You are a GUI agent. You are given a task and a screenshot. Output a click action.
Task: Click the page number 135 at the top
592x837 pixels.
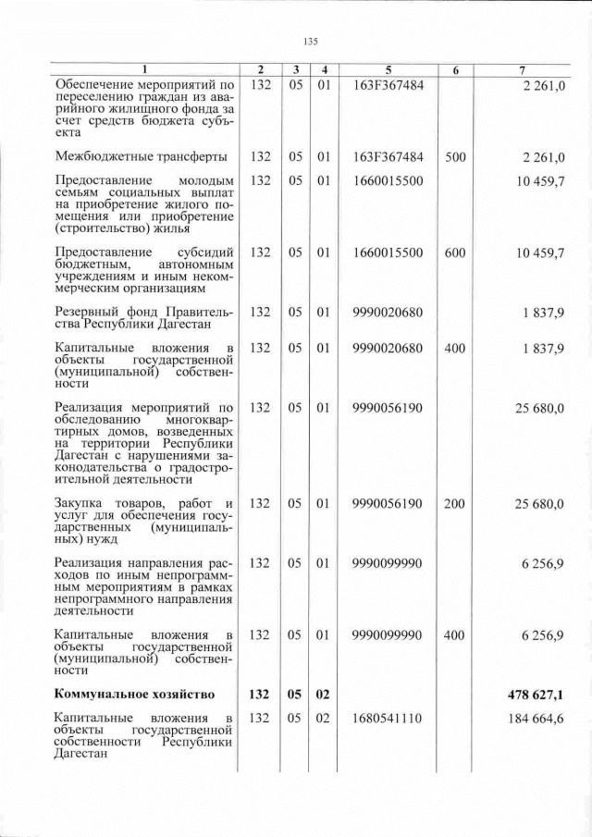pos(311,41)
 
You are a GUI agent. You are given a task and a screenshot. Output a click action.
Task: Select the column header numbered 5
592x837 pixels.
pos(388,70)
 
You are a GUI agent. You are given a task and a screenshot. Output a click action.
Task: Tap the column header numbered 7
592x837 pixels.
pos(524,70)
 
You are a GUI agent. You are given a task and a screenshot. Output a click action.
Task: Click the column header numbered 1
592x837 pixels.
pos(143,70)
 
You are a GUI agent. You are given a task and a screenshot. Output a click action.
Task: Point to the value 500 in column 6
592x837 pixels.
pos(455,157)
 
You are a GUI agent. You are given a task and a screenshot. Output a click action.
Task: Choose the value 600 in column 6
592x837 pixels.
pos(455,252)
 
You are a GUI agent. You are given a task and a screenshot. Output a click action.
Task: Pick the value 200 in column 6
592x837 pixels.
pos(455,503)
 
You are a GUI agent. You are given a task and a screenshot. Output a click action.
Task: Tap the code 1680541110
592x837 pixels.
pos(388,718)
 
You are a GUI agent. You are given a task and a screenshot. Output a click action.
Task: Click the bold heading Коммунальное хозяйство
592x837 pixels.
pos(135,694)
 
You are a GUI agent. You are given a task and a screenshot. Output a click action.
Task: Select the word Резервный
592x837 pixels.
pos(89,312)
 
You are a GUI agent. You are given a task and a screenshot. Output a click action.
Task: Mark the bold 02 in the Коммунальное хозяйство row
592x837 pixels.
pos(324,694)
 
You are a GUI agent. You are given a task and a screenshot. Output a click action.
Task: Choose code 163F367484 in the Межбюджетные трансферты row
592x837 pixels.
pos(388,157)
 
